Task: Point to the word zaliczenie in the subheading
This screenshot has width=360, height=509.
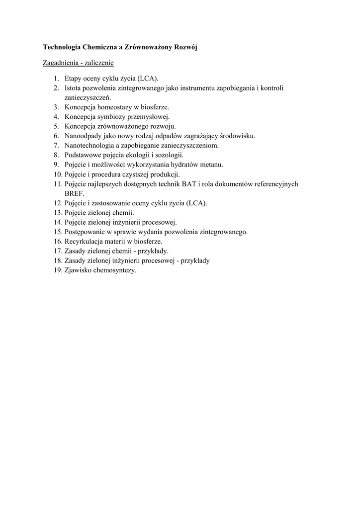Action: pyautogui.click(x=100, y=63)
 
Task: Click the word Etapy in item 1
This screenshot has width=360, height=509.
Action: pyautogui.click(x=74, y=79)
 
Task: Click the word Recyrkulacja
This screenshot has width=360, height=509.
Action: pyautogui.click(x=83, y=241)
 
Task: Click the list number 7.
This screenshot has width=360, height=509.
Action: pyautogui.click(x=56, y=146)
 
